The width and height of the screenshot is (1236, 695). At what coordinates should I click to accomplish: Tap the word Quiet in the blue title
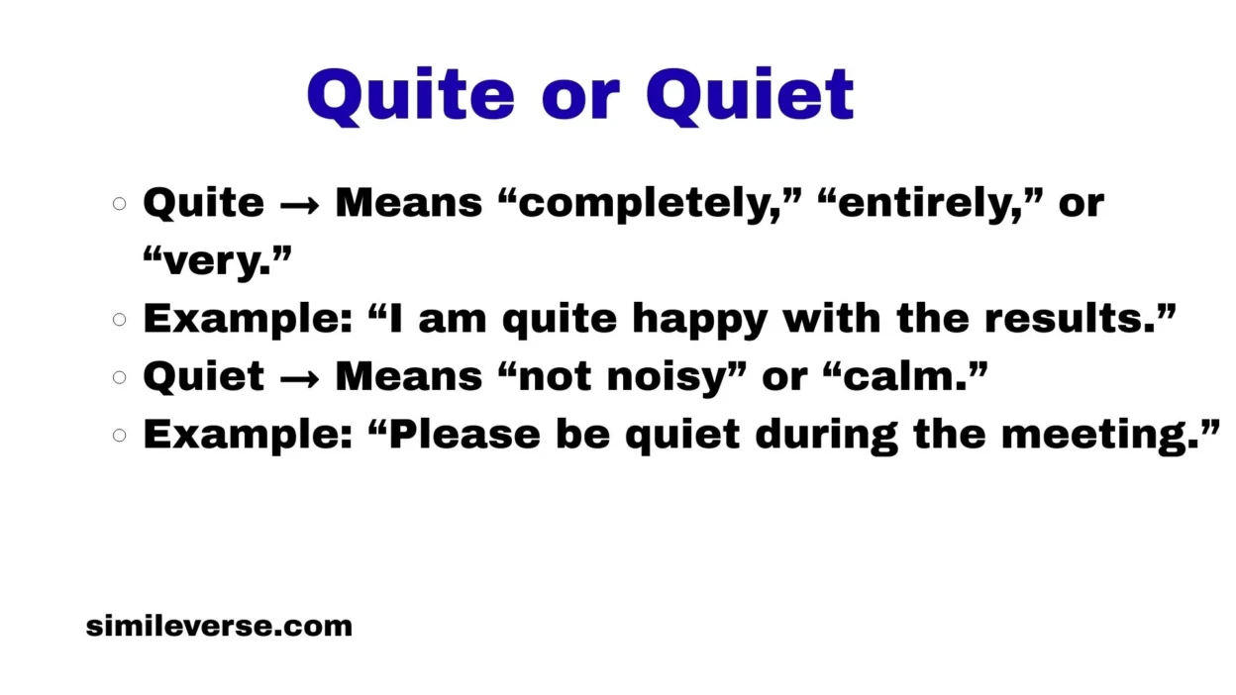tap(750, 95)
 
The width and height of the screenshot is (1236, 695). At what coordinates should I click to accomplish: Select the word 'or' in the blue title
tap(580, 97)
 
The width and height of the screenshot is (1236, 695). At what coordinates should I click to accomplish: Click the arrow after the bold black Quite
tap(299, 204)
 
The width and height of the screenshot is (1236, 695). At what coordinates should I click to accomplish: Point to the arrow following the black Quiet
tap(299, 377)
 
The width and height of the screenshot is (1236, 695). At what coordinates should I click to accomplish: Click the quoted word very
tap(217, 261)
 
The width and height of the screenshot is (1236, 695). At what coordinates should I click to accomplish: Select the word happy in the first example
tap(700, 320)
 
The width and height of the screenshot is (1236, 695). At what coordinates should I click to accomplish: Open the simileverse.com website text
tap(219, 626)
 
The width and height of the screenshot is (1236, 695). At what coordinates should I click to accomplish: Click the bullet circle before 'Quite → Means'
tap(120, 204)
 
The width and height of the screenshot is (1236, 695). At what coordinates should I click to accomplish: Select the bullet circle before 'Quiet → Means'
tap(120, 377)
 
